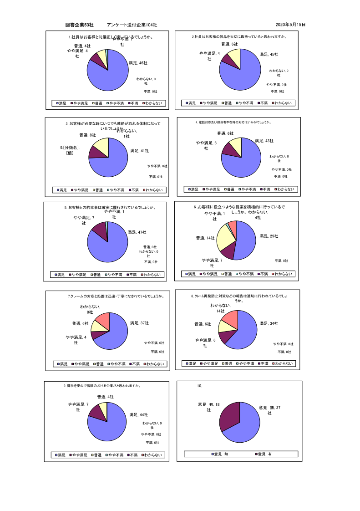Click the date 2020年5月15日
pos(290,25)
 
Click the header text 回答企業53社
pos(79,25)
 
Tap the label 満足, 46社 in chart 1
pos(138,63)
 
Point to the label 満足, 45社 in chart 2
pos(269,55)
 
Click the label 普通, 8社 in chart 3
pos(87,135)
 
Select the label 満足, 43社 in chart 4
pos(264,141)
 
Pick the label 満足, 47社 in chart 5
pos(137,232)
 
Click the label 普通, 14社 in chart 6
pos(205,238)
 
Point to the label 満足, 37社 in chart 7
pos(139,323)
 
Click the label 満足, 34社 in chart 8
pos(269,323)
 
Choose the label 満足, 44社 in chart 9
pos(138,415)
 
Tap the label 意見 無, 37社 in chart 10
pos(269,410)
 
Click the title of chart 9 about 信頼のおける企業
pos(102,386)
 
